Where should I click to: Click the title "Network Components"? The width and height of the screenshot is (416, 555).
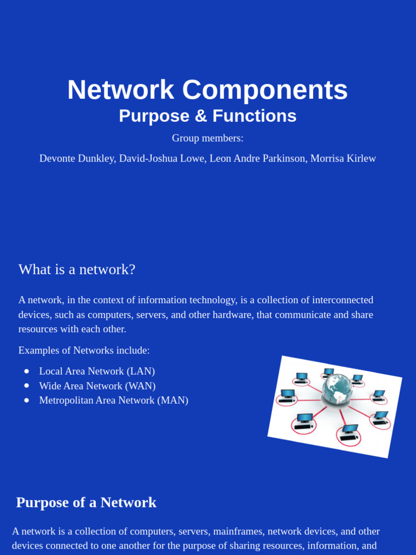[207, 90]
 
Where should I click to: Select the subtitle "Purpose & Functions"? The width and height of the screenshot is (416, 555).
[207, 116]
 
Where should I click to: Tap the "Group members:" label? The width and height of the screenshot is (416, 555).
[207, 138]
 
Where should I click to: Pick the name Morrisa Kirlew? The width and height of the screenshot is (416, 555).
[343, 158]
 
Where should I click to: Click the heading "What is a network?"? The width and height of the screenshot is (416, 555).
[77, 269]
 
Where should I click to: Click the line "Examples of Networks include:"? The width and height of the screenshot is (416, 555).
[84, 351]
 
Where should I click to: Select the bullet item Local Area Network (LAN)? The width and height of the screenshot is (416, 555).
[97, 371]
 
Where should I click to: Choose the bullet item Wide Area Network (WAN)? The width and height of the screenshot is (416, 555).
[97, 386]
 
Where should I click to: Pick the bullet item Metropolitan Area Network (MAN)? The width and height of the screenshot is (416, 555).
[114, 401]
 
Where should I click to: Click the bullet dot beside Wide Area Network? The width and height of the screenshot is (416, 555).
[27, 386]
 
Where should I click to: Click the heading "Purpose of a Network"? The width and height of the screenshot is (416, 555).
[86, 502]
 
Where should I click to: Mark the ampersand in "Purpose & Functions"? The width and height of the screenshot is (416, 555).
[201, 116]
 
